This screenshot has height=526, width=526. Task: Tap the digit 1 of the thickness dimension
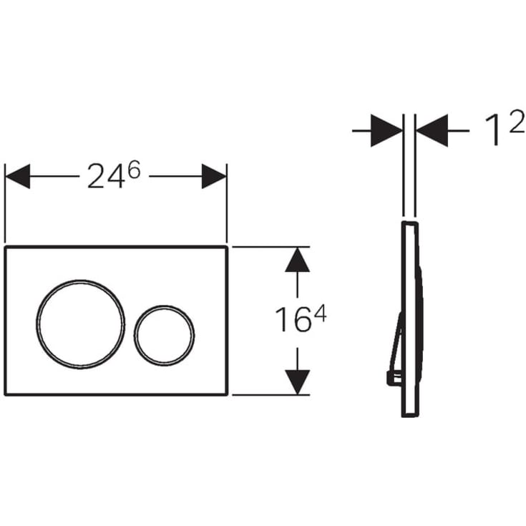pyautogui.click(x=492, y=132)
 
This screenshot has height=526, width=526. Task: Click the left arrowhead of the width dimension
pyautogui.click(x=18, y=176)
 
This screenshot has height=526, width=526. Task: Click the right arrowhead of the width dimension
pyautogui.click(x=214, y=176)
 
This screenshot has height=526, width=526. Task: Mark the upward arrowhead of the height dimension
pyautogui.click(x=297, y=260)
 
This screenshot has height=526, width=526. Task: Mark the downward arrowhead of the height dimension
pyautogui.click(x=297, y=381)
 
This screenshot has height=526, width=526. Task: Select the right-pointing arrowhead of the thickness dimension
pyautogui.click(x=386, y=130)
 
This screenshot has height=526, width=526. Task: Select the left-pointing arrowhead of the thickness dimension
pyautogui.click(x=432, y=130)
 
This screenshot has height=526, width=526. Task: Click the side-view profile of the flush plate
pyautogui.click(x=410, y=318)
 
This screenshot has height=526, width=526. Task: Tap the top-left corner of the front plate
pyautogui.click(x=6, y=248)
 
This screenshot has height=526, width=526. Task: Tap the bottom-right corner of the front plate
pyautogui.click(x=227, y=394)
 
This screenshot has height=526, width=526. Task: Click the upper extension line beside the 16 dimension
pyautogui.click(x=268, y=247)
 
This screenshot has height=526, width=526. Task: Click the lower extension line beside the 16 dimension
pyautogui.click(x=268, y=394)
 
